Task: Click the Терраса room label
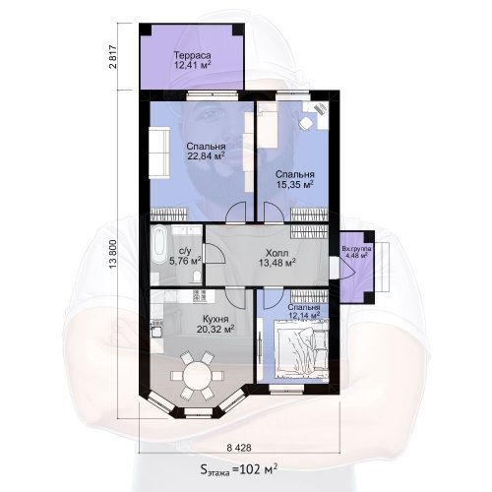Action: pyautogui.click(x=192, y=55)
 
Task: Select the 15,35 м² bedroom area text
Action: pyautogui.click(x=294, y=184)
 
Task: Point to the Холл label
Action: pyautogui.click(x=277, y=253)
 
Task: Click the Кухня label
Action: pyautogui.click(x=215, y=319)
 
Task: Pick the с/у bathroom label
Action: pyautogui.click(x=185, y=251)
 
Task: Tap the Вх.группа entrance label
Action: pyautogui.click(x=356, y=249)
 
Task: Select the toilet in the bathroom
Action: pyautogui.click(x=197, y=277)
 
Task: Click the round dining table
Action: pyautogui.click(x=197, y=376)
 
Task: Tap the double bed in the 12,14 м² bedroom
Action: pyautogui.click(x=301, y=351)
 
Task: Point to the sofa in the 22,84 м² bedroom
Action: pyautogui.click(x=159, y=153)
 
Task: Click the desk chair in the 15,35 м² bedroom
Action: pyautogui.click(x=306, y=124)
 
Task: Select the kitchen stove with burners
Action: pyautogui.click(x=200, y=295)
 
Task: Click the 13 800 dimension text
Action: pyautogui.click(x=113, y=254)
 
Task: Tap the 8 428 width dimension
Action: pyautogui.click(x=239, y=448)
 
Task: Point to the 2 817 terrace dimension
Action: pyautogui.click(x=113, y=57)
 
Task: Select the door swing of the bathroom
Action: pyautogui.click(x=214, y=254)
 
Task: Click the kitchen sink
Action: pyautogui.click(x=156, y=332)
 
